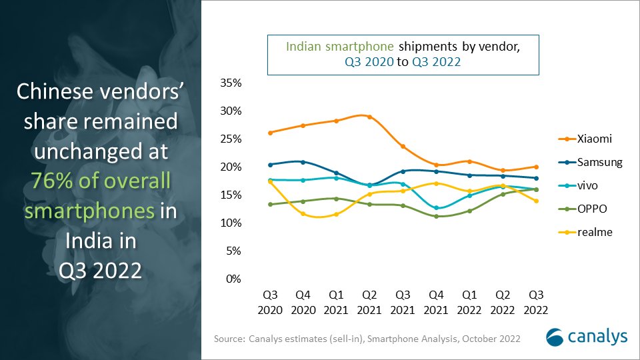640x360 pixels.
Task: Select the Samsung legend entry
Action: [x=590, y=162]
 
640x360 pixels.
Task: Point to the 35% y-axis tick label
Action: [x=229, y=83]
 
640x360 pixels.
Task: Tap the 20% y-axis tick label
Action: [x=229, y=167]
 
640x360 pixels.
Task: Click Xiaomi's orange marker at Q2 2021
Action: [x=370, y=117]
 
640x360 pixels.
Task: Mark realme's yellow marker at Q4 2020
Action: [x=303, y=213]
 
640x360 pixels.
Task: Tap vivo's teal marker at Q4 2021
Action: [x=436, y=208]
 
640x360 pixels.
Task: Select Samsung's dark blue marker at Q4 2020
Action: [x=303, y=162]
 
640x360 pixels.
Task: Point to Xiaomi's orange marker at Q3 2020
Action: [x=270, y=133]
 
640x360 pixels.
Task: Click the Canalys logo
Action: [x=586, y=337]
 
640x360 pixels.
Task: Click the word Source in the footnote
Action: [x=229, y=339]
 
